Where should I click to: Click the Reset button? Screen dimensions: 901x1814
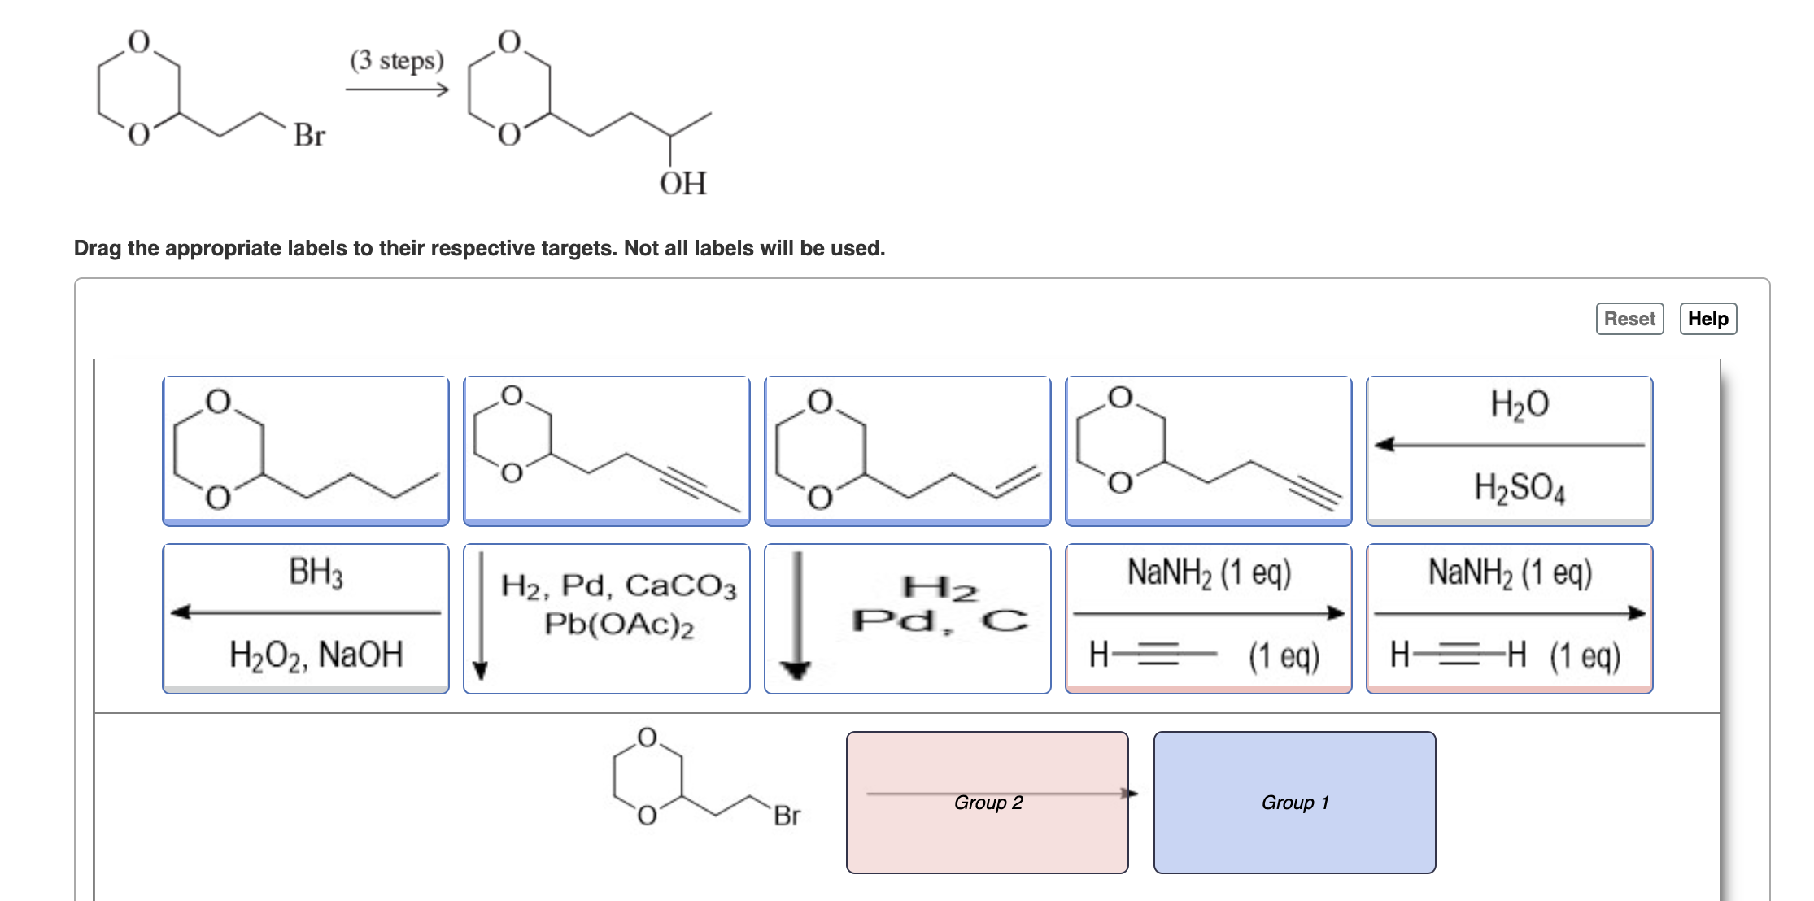coord(1629,319)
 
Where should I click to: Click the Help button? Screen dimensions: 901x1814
coord(1707,319)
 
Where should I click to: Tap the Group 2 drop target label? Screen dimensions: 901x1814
coord(988,803)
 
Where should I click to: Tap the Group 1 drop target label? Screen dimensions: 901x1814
coord(1294,803)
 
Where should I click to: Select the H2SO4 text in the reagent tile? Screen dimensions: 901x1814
coord(1519,488)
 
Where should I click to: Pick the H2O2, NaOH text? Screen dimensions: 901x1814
coord(316,655)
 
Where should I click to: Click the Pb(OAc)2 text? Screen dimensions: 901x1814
coord(618,625)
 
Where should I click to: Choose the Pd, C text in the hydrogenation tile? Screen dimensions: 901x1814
coord(940,620)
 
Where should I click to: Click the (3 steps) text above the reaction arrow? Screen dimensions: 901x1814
coord(397,60)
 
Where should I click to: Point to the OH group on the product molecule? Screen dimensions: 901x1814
coord(682,184)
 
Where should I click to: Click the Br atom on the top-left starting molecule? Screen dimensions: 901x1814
coord(309,135)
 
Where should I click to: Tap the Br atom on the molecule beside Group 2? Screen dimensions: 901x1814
coord(787,816)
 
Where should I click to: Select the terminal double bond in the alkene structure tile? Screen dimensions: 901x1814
coord(1017,481)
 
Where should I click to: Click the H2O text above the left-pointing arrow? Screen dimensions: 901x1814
coord(1519,404)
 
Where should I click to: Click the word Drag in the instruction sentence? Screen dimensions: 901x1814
coord(98,248)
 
